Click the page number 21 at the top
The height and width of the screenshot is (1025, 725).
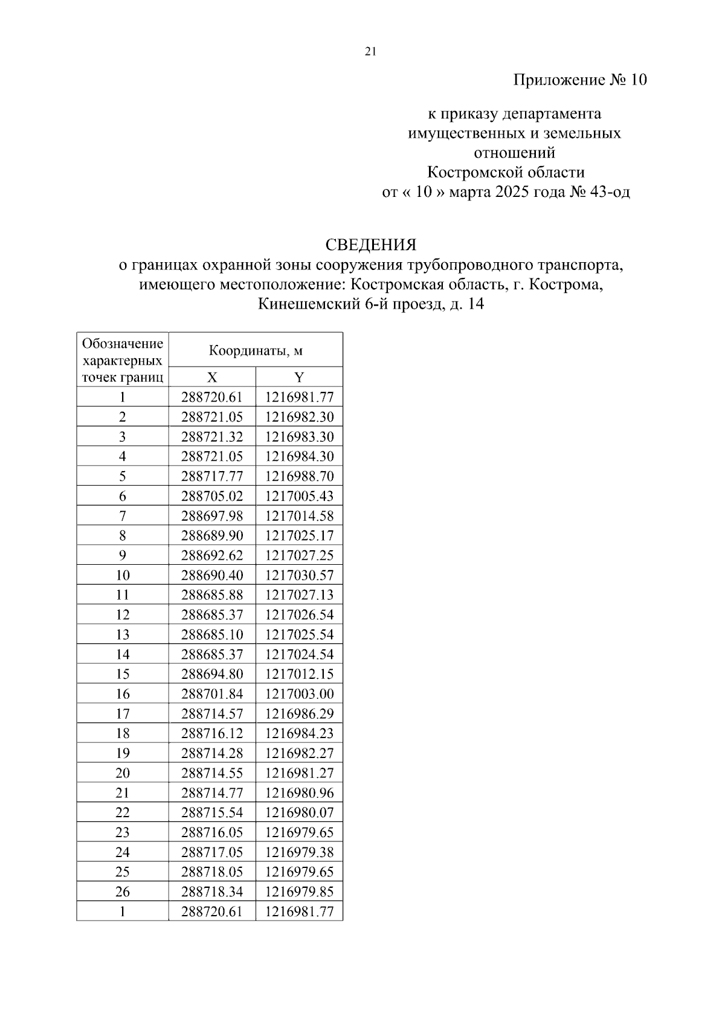click(x=371, y=52)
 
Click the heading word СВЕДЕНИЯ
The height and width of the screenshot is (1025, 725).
click(x=370, y=245)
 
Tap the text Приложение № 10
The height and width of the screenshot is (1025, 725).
click(x=579, y=80)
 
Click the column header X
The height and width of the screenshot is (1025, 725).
click(x=212, y=378)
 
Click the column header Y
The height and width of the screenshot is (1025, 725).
click(x=299, y=378)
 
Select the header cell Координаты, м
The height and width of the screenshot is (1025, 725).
click(x=256, y=351)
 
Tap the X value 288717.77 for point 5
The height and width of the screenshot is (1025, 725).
click(x=212, y=477)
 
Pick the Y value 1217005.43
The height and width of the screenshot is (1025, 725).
click(x=299, y=496)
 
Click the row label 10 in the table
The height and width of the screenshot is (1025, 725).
click(x=123, y=575)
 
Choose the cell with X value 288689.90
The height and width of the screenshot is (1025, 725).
click(x=212, y=536)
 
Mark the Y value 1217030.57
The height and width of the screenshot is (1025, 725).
click(x=299, y=575)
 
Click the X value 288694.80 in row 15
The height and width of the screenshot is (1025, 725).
click(x=212, y=674)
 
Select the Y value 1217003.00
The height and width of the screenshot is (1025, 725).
click(x=299, y=694)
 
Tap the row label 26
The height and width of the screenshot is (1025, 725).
click(x=123, y=892)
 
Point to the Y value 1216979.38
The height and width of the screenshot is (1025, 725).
click(x=299, y=852)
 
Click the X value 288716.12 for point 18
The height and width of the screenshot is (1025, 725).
click(x=212, y=733)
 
